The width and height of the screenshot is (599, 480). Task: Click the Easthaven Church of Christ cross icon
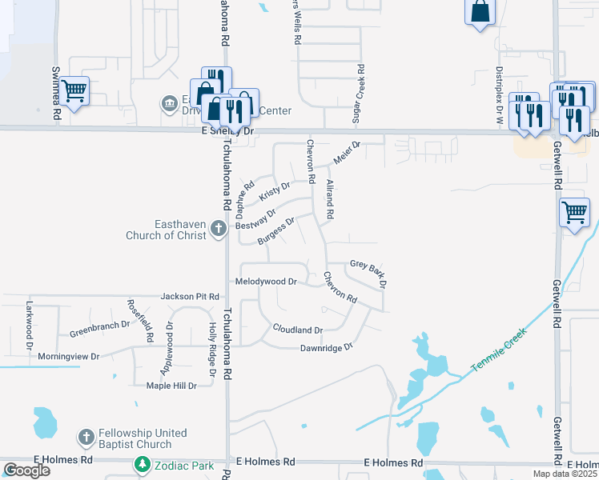[x=217, y=230]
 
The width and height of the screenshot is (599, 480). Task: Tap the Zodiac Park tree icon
[x=142, y=464]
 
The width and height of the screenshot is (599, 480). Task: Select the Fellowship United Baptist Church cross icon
[x=86, y=438]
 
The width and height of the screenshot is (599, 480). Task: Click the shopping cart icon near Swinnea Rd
[x=74, y=92]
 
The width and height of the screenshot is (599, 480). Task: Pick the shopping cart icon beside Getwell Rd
[x=574, y=213]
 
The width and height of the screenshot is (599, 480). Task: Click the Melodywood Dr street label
[x=266, y=282]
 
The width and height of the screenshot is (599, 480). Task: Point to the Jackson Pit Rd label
[x=190, y=296]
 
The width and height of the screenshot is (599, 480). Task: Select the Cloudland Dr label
[x=297, y=330]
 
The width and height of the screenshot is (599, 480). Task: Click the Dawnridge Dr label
[x=326, y=347]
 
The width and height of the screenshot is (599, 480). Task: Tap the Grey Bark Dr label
[x=369, y=272]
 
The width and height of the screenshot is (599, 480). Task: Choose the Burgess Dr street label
[x=277, y=230]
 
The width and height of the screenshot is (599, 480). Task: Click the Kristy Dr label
[x=274, y=192]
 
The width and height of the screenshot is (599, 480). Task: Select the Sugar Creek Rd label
[x=361, y=94]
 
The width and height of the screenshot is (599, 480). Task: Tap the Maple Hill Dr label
[x=171, y=386]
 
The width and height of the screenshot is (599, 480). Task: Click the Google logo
[x=26, y=470]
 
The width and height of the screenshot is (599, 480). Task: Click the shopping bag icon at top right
[x=480, y=12]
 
